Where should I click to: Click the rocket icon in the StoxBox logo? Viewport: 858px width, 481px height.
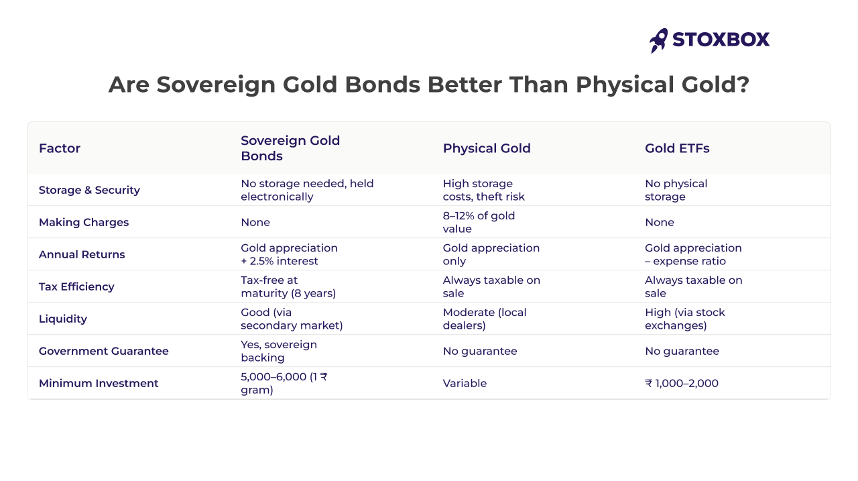(658, 40)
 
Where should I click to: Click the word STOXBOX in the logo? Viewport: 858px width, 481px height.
(721, 40)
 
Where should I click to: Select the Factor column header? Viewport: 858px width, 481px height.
(60, 148)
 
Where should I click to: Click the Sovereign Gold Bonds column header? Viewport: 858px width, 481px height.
(290, 148)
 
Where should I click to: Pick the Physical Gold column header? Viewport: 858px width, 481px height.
(487, 148)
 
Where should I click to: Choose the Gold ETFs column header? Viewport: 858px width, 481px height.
(677, 148)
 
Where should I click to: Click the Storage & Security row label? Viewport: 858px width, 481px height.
(89, 190)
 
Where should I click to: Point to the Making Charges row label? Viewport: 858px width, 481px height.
(84, 222)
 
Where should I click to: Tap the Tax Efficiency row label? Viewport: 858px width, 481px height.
(76, 286)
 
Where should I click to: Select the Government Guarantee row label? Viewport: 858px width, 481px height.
(104, 351)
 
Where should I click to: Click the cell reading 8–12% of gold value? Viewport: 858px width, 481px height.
(479, 222)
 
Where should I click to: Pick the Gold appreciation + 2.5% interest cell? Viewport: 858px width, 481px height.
(289, 254)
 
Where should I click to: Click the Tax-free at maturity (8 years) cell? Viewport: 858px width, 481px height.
(288, 286)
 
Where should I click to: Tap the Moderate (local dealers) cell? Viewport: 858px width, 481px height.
(485, 319)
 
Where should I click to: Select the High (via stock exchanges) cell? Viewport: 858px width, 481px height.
(685, 319)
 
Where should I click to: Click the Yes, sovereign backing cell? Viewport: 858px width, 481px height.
(279, 351)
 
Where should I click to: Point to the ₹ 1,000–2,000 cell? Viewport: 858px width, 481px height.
(682, 383)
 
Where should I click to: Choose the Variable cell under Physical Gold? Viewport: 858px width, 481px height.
(465, 383)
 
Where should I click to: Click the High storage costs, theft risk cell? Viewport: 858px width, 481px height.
(483, 190)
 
